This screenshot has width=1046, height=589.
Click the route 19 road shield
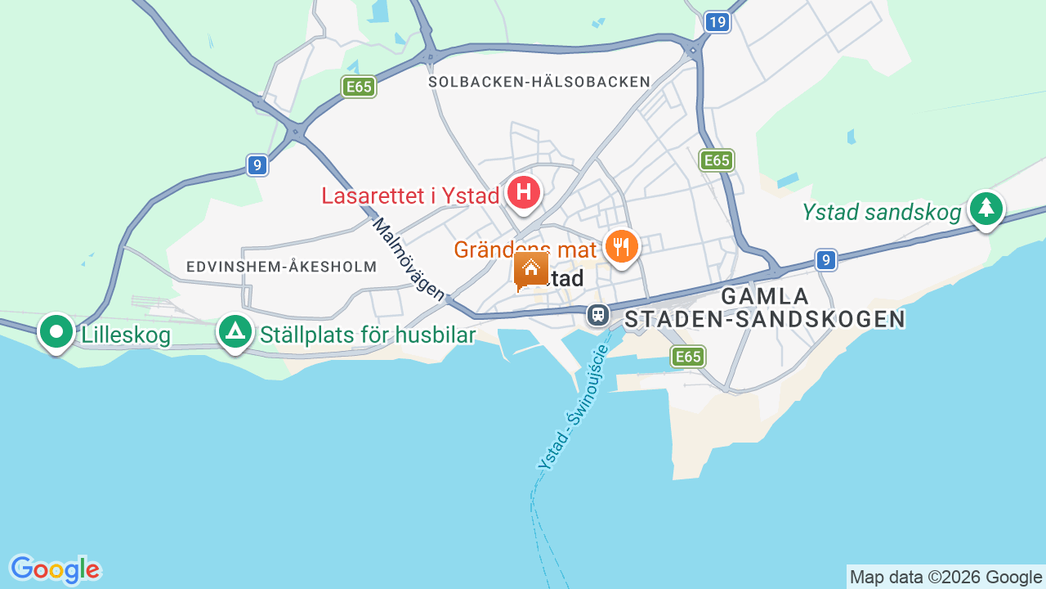[x=717, y=22]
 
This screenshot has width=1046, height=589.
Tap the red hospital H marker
[x=524, y=193]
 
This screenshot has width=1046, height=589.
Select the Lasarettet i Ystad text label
[x=410, y=196]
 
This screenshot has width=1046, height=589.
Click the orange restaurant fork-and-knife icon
[x=622, y=245]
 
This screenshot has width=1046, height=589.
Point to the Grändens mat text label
[x=525, y=249]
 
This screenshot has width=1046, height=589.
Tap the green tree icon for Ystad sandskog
[x=986, y=208]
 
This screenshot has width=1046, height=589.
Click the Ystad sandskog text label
[x=882, y=213]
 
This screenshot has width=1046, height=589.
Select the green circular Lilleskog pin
[x=56, y=331]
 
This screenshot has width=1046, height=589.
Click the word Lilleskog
[x=126, y=335]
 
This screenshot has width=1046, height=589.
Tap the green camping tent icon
[x=235, y=331]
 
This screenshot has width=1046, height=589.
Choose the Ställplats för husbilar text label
[x=368, y=335]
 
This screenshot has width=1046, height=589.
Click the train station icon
[x=598, y=314]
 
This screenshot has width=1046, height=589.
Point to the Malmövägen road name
[x=409, y=259]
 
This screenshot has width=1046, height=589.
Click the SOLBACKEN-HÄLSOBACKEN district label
[x=539, y=82]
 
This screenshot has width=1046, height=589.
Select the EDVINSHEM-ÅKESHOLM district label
[x=281, y=267]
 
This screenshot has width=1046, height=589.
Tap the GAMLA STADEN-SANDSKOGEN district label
[x=765, y=308]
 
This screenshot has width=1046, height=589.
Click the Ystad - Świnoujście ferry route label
[x=574, y=407]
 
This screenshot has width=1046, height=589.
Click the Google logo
[x=55, y=569]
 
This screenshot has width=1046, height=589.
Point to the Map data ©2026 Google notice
[x=945, y=577]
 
